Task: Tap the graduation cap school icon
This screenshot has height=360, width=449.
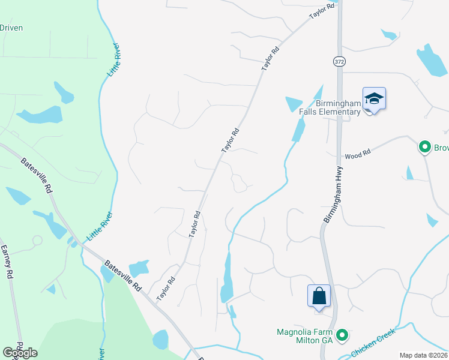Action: (373, 99)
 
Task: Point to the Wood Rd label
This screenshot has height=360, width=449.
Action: (358, 155)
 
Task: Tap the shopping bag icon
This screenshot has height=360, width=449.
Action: (319, 296)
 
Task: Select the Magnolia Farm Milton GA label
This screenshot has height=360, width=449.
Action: (304, 336)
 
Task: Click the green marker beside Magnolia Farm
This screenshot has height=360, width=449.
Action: (342, 335)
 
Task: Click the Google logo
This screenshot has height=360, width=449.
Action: (20, 352)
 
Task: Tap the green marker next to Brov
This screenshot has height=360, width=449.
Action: (425, 146)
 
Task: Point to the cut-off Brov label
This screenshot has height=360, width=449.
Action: (442, 147)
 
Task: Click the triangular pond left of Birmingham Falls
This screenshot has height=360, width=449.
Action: (294, 103)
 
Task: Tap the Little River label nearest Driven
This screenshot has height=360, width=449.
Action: (114, 59)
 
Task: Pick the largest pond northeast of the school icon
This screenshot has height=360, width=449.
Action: (431, 61)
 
